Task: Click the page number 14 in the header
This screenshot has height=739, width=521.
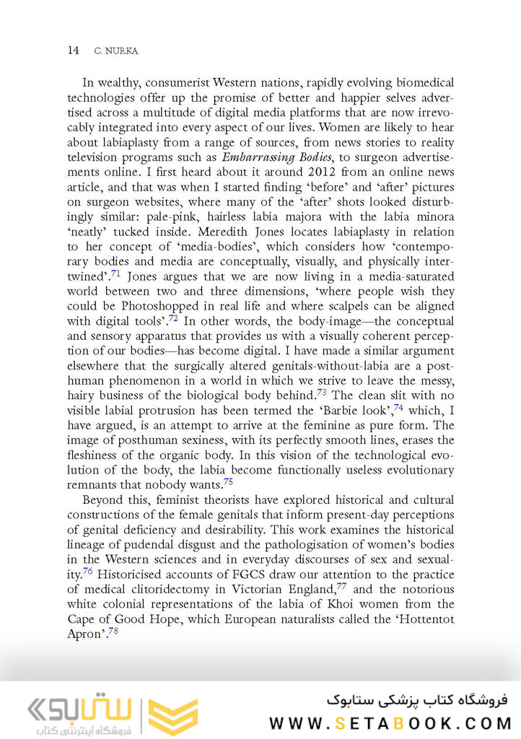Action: tap(73, 50)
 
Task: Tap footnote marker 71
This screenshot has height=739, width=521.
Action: tap(115, 273)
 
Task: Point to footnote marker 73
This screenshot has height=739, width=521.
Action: tap(323, 393)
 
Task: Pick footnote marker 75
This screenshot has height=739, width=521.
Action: tap(228, 482)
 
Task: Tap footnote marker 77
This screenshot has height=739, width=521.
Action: tap(341, 585)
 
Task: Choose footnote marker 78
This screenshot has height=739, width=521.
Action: tap(113, 630)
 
